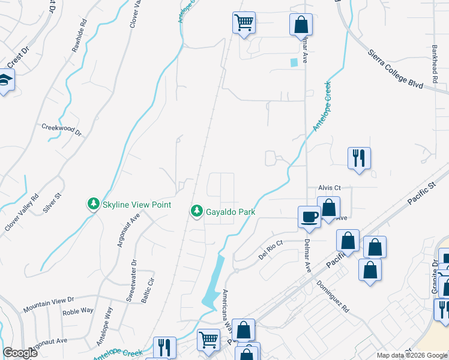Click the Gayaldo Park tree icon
pos(196,211)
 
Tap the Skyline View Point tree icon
pos(94,205)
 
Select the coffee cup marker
pos(309,216)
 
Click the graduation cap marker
pos(5,81)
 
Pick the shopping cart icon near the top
pos(244,23)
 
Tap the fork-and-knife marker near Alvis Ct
pos(359,158)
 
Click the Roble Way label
pos(79,311)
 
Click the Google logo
pos(20,353)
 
